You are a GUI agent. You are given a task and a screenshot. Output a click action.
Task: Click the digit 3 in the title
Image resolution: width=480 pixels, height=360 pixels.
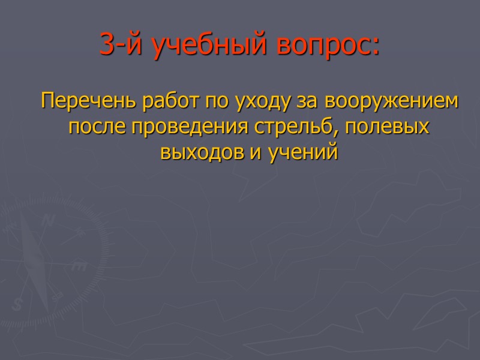(x=107, y=46)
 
